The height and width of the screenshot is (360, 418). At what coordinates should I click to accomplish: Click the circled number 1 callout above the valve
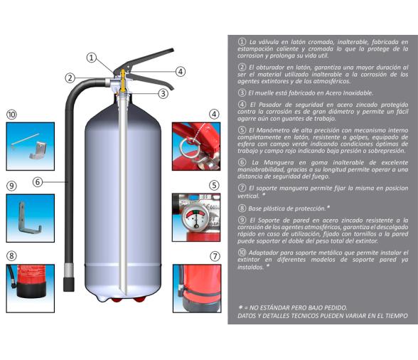(x=92, y=58)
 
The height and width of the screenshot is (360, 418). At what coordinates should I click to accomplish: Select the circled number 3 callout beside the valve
(x=163, y=93)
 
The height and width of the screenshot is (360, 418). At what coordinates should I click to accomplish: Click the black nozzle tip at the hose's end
(x=69, y=283)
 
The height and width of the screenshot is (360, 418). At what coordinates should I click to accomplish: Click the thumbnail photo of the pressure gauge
(x=195, y=216)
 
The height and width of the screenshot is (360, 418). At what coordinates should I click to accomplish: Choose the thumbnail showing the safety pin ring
(x=195, y=146)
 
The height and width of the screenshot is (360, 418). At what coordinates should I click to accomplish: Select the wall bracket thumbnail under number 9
(x=30, y=217)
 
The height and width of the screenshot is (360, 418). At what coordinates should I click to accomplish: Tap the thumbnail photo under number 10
(x=30, y=146)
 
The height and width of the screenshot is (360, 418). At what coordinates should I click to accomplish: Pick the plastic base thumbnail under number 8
(x=30, y=288)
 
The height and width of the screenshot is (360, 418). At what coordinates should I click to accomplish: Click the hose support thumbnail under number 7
(x=195, y=288)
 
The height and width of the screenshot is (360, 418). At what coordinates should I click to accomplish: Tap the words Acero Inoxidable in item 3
(x=345, y=93)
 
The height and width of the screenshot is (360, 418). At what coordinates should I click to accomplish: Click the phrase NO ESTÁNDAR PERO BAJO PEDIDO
(x=299, y=307)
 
